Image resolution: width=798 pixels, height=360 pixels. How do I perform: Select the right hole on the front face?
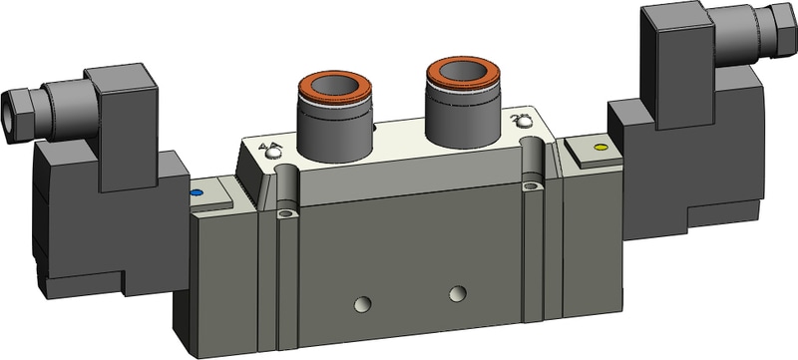(457, 292)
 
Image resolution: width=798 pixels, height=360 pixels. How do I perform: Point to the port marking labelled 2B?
(519, 122)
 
